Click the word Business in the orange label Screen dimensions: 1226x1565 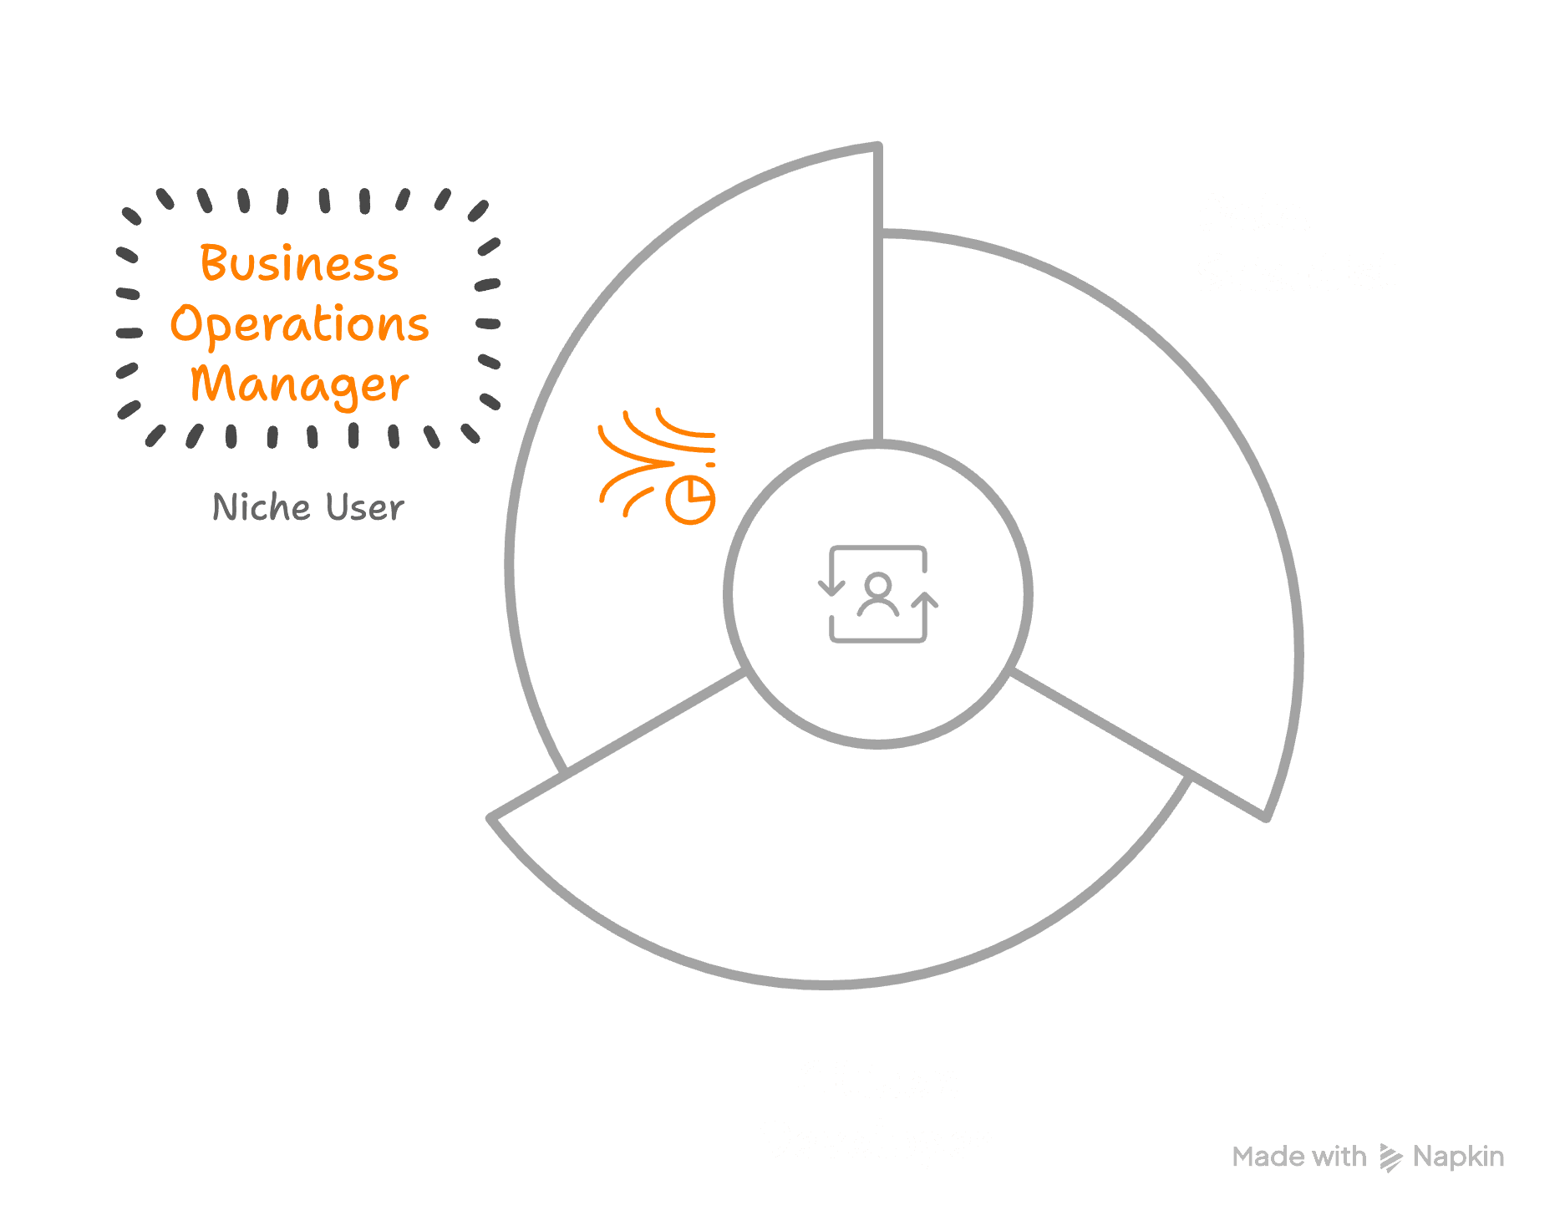coord(299,263)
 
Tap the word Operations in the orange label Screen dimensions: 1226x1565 coord(299,324)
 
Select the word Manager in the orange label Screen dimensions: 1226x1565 coord(299,384)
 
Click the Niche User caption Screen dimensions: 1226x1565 coord(308,507)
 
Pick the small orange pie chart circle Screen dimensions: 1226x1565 coord(691,500)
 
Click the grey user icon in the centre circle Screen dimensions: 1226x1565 coord(877,594)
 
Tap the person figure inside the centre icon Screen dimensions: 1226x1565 coord(877,594)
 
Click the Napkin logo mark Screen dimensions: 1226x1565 coord(1390,1157)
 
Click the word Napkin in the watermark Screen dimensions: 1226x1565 coord(1458,1157)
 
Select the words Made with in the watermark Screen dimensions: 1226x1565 coord(1298,1157)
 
